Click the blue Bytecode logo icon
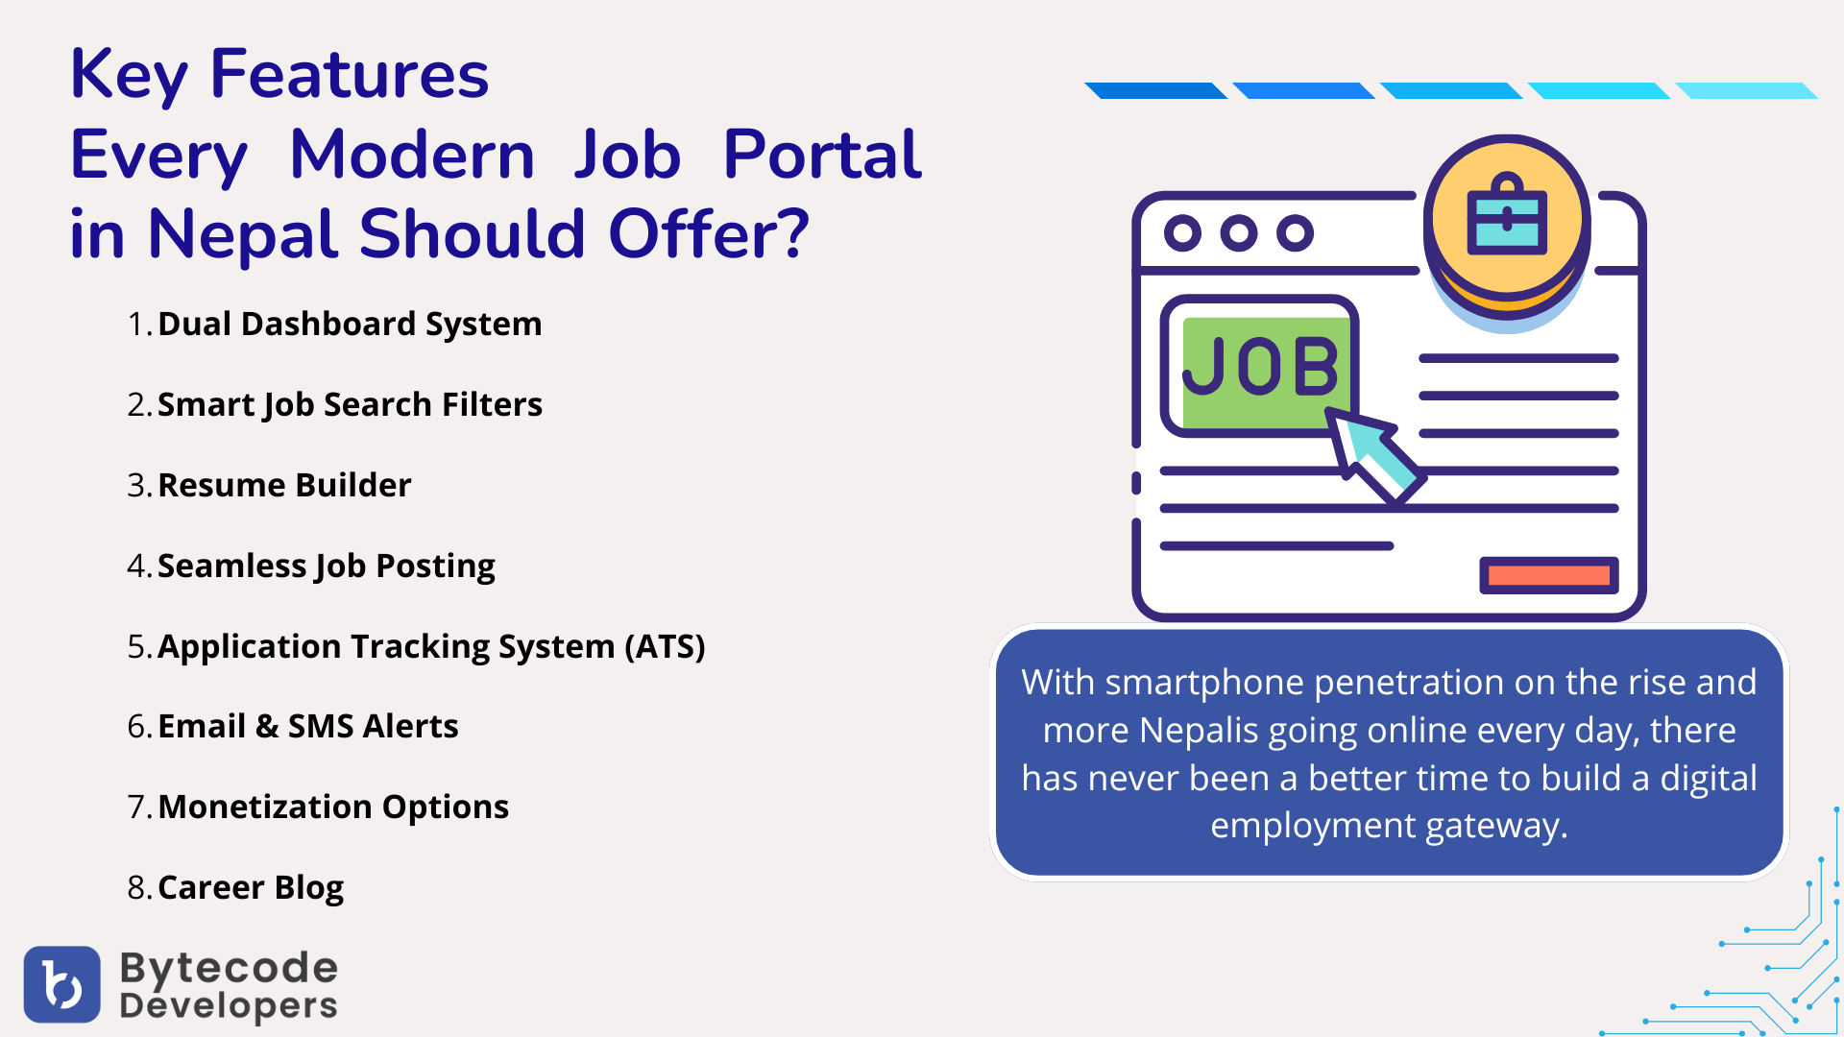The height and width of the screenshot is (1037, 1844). tap(62, 984)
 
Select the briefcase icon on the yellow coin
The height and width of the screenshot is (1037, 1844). tap(1507, 215)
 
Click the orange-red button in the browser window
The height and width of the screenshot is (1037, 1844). tap(1549, 575)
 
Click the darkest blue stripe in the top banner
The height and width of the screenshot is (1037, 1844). tap(1156, 90)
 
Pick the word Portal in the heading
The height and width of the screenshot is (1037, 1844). tap(822, 155)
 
